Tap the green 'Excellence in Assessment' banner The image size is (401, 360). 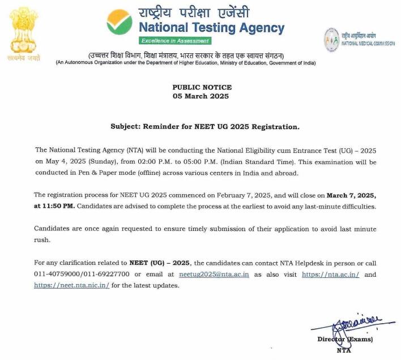click(x=176, y=41)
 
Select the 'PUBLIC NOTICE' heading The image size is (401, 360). click(x=202, y=87)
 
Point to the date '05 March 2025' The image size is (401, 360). click(x=202, y=96)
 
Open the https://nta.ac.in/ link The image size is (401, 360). click(x=330, y=275)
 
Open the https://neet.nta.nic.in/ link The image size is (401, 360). click(x=72, y=285)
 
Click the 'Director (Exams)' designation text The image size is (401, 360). click(x=345, y=340)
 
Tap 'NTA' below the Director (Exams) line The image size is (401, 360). click(x=344, y=351)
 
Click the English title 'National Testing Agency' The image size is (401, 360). click(x=212, y=27)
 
